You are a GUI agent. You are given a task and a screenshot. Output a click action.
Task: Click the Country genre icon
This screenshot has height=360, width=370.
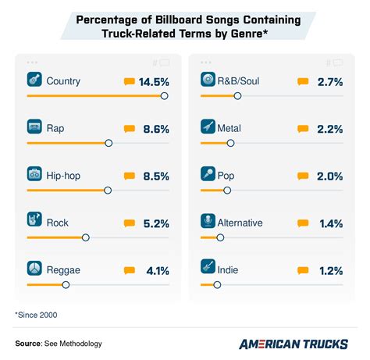click(x=34, y=80)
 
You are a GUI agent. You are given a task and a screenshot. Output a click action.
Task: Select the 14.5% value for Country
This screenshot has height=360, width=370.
click(x=152, y=81)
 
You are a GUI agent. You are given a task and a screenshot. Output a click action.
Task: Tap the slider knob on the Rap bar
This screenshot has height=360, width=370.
click(x=109, y=143)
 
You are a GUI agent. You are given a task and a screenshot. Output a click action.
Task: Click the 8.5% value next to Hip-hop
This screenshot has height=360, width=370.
click(x=155, y=176)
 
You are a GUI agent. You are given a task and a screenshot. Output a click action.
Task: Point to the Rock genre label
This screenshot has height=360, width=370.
click(x=59, y=223)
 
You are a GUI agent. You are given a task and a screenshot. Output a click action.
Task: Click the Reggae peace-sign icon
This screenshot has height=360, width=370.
click(x=34, y=270)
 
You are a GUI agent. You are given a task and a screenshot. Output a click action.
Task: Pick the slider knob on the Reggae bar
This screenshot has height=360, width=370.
click(x=66, y=285)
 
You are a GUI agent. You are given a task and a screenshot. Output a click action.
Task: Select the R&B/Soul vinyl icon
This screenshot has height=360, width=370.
click(x=208, y=80)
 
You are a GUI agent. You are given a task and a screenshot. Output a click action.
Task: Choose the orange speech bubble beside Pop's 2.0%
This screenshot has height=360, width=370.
click(x=302, y=176)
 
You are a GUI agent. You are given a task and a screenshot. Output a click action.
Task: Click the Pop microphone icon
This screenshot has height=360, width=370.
click(x=208, y=175)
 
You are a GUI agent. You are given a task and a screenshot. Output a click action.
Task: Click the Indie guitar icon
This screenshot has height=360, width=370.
click(x=208, y=270)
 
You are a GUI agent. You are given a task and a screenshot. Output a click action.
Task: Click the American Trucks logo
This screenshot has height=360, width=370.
click(x=293, y=343)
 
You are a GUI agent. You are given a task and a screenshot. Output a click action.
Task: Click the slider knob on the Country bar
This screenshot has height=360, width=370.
click(x=164, y=95)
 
